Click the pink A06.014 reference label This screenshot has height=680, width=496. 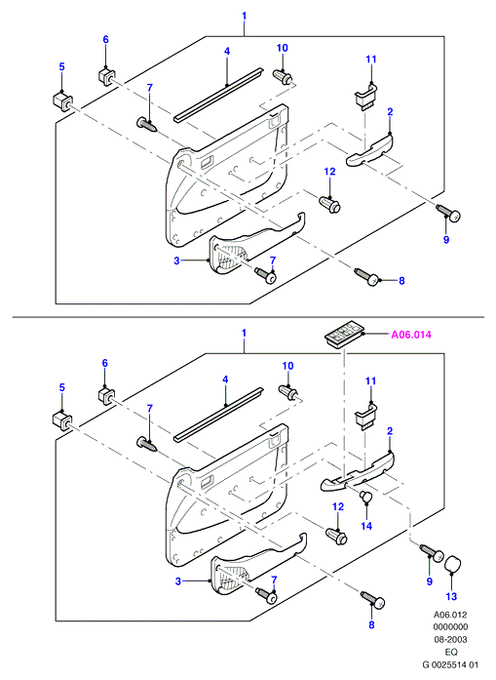tap(411, 335)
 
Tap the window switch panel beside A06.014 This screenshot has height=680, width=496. tap(344, 337)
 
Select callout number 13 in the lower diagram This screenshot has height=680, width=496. tap(451, 596)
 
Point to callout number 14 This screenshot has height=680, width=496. tap(366, 526)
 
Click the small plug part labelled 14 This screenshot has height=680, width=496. tap(366, 497)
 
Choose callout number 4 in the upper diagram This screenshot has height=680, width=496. tap(226, 51)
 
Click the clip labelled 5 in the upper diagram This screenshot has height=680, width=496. tap(62, 101)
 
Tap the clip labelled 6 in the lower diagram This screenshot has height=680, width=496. tap(106, 396)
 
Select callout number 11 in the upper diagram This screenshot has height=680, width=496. tap(371, 59)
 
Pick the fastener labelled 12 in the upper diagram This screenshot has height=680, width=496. tap(330, 204)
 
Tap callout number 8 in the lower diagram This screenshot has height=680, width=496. tap(371, 624)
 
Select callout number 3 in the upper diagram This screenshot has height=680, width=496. tap(176, 261)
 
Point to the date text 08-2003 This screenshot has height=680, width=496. tap(450, 639)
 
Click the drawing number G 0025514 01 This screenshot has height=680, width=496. tap(450, 664)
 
